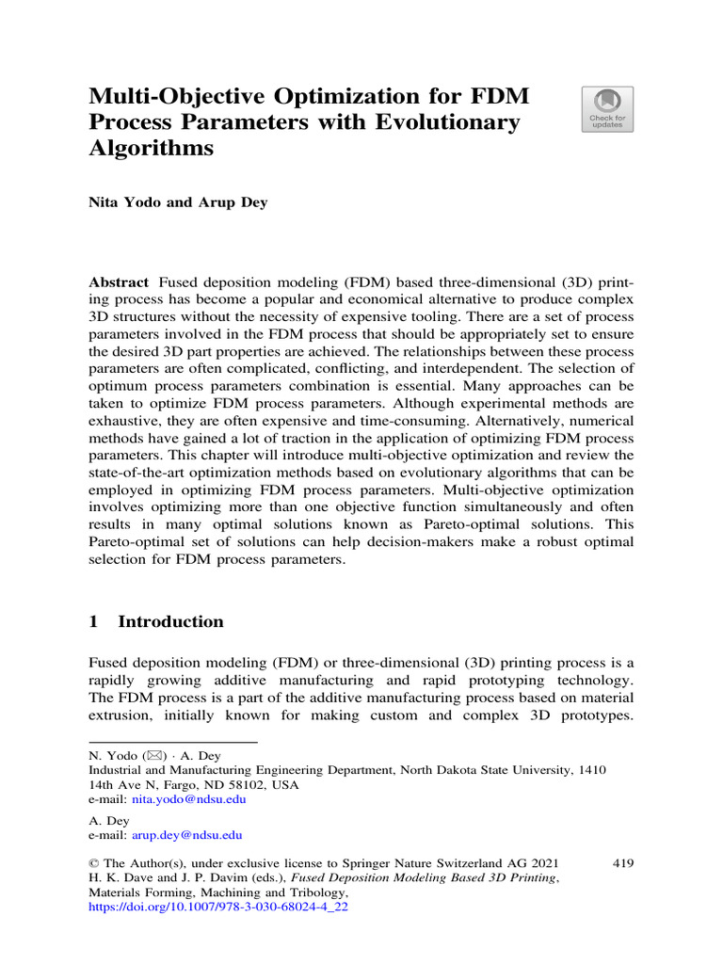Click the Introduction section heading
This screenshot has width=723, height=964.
coord(171,621)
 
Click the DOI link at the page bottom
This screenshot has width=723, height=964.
coord(218,909)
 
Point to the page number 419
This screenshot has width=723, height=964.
coord(622,862)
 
